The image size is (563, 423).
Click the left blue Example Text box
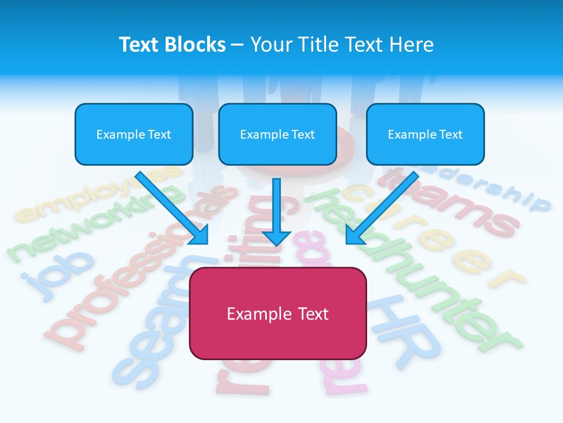pos(134,134)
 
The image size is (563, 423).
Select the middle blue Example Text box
pos(277,134)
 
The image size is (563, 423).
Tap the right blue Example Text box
pos(425,134)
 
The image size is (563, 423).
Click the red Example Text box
pos(277,313)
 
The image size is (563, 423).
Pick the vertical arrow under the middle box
pos(277,211)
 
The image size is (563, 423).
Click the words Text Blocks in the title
pos(172,45)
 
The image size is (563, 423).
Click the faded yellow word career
pos(434,235)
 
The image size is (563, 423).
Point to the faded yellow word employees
pos(97,194)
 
